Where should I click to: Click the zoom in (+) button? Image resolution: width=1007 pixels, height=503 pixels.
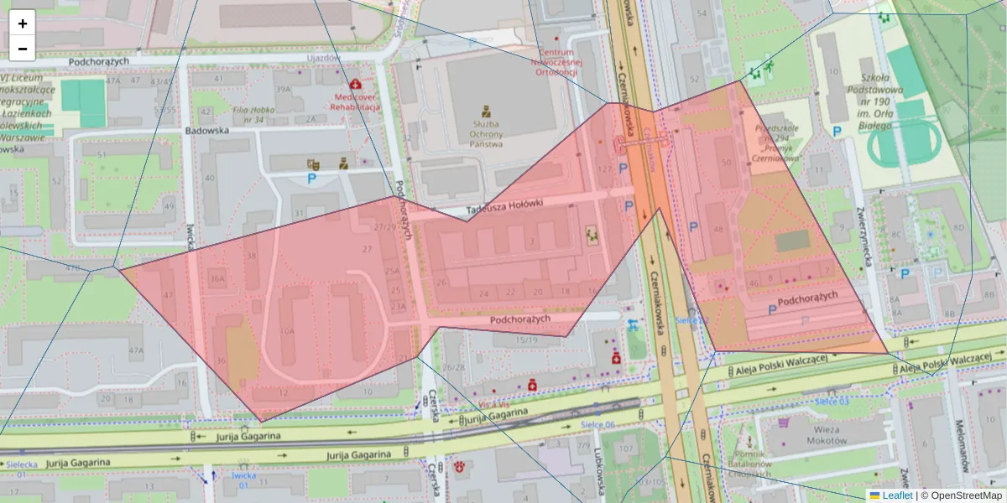[23, 23]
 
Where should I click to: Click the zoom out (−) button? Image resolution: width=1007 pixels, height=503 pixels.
[23, 49]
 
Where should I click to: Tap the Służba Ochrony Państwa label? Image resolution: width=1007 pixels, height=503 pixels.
[486, 133]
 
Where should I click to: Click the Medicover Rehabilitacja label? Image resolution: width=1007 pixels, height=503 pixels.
[355, 101]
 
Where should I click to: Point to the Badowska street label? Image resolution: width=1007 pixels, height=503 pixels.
[207, 131]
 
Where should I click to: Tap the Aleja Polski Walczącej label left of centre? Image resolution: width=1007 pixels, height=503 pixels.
[778, 366]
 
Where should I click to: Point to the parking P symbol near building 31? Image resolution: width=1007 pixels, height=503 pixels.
[312, 179]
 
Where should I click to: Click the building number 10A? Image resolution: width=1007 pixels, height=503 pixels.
[287, 331]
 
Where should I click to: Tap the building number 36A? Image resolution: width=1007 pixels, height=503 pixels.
[217, 279]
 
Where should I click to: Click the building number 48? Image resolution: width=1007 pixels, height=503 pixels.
[717, 229]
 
